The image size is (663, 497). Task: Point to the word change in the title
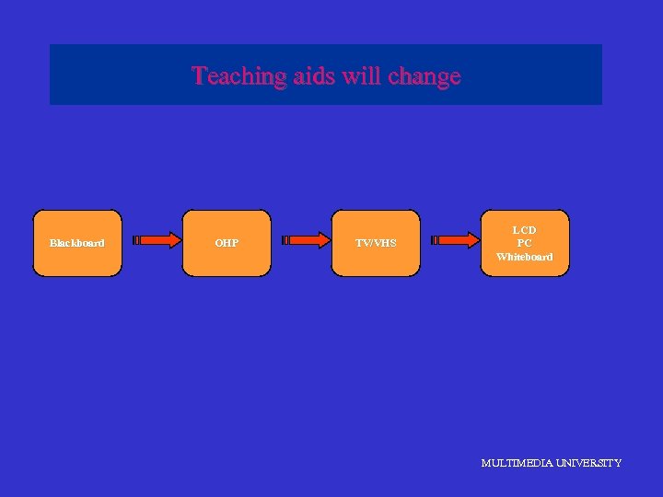point(425,75)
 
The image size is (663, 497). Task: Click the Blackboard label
point(76,243)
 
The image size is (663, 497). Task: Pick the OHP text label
point(227,243)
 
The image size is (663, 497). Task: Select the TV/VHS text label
point(376,243)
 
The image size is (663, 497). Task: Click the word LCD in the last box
point(525,229)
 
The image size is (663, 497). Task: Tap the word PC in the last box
point(525,243)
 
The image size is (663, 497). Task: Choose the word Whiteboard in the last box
point(525,257)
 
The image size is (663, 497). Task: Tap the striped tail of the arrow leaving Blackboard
point(137,241)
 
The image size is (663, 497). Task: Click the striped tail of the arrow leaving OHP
point(286,241)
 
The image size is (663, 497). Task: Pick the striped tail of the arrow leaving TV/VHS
point(436,241)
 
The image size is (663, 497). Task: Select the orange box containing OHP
point(227,262)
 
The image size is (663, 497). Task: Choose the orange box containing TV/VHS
point(376,262)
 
